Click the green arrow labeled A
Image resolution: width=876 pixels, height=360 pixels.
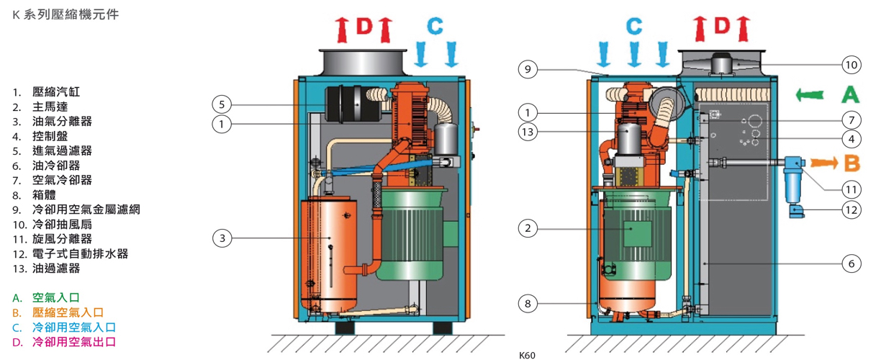pos(810,95)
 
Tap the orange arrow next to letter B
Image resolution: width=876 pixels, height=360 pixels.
pos(824,163)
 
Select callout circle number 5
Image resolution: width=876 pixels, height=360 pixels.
pos(222,104)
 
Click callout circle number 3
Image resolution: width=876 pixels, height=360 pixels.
pos(222,238)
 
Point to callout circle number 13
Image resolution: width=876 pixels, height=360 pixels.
pos(528,132)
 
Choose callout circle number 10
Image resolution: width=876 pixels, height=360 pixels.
pos(852,65)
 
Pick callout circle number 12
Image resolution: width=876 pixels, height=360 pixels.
pos(852,210)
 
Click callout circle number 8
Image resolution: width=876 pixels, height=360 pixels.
pos(528,304)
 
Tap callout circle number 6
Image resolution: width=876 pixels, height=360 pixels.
pos(852,264)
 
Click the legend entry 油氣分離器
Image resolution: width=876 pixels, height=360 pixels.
pos(62,121)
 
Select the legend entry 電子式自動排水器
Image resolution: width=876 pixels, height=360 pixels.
pos(80,254)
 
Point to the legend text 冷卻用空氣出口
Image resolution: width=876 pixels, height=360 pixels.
pos(74,342)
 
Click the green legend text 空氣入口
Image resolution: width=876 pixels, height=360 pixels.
pos(56,298)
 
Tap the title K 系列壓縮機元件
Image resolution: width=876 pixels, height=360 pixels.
pos(66,15)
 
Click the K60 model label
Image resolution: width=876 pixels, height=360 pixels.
pos(527,355)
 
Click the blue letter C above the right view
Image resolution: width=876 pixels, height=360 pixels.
pos(634,26)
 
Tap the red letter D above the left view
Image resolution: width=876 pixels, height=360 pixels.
pos(364,26)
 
